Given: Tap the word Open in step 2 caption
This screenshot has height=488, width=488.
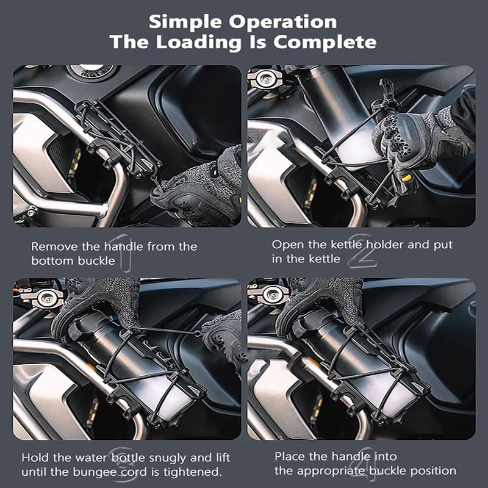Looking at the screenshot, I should tap(285, 245).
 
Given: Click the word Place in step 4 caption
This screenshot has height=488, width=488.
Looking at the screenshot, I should tap(289, 456).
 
